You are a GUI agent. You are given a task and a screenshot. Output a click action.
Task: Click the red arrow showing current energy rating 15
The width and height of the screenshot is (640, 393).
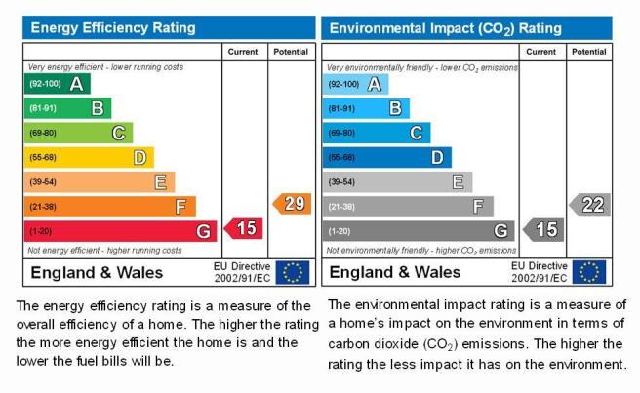pos(244,228)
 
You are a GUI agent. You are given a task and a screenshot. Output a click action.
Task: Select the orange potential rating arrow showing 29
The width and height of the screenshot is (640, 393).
pos(292,204)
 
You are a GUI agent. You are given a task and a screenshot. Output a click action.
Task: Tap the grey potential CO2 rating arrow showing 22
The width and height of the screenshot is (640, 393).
pos(590,205)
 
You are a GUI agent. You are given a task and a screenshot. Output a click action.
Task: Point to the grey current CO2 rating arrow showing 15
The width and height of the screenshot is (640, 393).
pos(543,230)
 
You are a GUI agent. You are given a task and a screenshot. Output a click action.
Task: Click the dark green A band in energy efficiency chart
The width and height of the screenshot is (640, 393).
pos(58,84)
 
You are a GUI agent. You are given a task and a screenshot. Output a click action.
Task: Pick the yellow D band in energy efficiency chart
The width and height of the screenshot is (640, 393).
pos(89,158)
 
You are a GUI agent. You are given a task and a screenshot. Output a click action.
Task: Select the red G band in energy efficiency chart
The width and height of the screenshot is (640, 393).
pos(120,231)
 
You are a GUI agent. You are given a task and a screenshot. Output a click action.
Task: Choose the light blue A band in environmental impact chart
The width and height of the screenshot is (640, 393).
pos(355,85)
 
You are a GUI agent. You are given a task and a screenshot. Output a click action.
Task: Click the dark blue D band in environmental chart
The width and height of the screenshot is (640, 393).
pos(387,158)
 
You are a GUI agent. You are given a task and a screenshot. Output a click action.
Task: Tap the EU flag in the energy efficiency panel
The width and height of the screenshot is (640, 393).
pos(293,273)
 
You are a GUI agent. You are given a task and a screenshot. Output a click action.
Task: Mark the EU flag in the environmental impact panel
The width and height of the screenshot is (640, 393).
pos(589,272)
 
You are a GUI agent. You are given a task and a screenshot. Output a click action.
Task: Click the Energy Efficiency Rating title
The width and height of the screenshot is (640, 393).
pos(113,27)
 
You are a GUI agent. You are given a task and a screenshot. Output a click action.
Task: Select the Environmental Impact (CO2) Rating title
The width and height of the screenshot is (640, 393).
pos(445,28)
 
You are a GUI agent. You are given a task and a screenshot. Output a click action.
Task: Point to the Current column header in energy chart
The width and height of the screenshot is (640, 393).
pos(243,52)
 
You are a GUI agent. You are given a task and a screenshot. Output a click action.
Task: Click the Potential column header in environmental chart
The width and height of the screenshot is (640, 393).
pos(588,52)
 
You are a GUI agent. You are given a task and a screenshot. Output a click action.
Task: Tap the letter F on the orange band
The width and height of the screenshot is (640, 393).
pos(180,207)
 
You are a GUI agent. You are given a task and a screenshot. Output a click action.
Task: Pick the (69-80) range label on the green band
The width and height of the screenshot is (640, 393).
pos(43,133)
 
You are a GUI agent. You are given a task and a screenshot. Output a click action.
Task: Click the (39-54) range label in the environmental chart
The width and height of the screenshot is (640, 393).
pos(341,182)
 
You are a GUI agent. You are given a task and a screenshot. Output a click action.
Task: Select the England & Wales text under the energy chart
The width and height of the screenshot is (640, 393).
pos(97,273)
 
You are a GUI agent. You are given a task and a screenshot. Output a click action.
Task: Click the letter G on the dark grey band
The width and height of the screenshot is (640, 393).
pos(500,231)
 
